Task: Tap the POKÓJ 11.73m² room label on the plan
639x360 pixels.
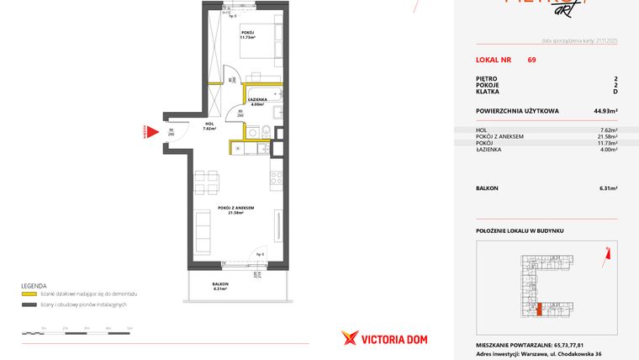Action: point(247,34)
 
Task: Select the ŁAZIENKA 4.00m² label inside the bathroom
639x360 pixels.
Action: point(258,102)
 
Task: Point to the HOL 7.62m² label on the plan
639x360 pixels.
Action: point(209,127)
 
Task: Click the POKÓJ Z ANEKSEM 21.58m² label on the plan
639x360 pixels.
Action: point(235,209)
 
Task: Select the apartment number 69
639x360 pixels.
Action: point(532,60)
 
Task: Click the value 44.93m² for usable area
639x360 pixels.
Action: point(605,111)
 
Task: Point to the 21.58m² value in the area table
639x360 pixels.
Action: point(606,137)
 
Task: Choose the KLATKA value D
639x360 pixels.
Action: point(615,92)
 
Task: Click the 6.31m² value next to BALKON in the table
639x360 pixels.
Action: point(606,188)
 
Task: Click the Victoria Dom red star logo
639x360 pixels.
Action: point(350,337)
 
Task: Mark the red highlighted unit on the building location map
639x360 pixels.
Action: point(539,310)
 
